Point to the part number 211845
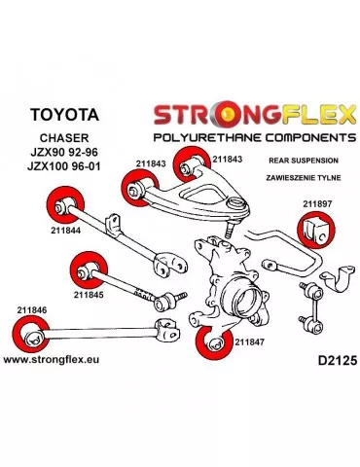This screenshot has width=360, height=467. point(88,290)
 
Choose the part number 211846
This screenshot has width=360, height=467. point(31,311)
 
